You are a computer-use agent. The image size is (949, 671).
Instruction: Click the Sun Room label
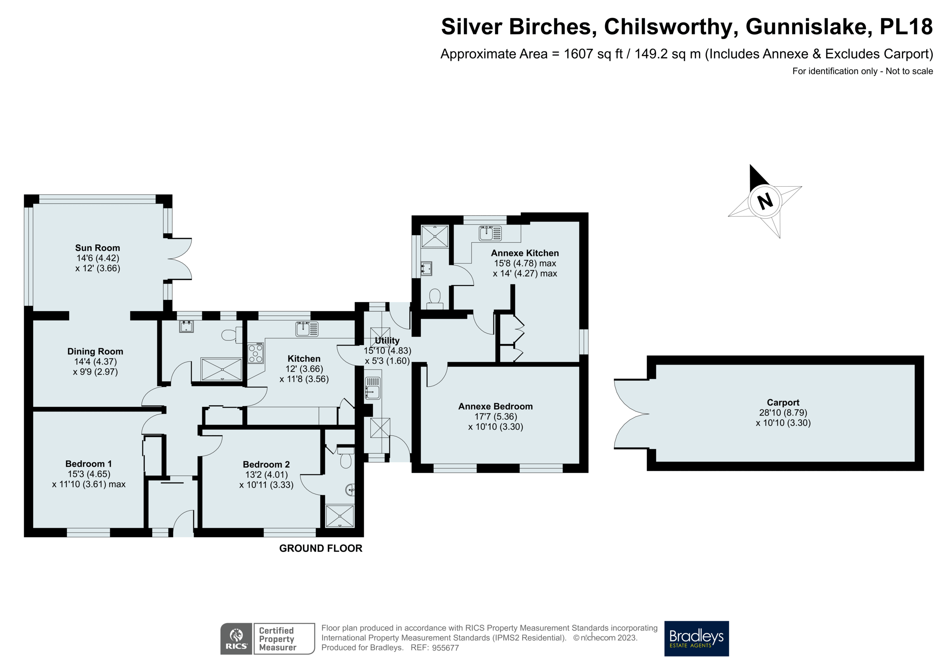(x=98, y=248)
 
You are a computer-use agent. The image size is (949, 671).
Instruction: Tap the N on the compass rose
(x=765, y=201)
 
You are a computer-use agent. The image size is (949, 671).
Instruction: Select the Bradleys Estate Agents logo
(x=696, y=638)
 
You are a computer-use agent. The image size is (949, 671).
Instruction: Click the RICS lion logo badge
(x=236, y=638)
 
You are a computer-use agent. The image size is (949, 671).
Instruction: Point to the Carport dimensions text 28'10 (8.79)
(x=783, y=413)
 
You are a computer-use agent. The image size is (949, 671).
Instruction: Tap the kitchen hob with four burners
(x=255, y=353)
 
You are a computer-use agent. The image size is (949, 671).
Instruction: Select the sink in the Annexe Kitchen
(x=490, y=233)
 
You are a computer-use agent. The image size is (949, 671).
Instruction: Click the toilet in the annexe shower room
(x=435, y=299)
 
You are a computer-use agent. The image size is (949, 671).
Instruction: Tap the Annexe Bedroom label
(x=495, y=406)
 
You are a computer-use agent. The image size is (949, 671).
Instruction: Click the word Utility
(x=387, y=341)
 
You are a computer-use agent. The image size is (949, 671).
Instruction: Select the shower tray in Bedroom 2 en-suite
(x=340, y=516)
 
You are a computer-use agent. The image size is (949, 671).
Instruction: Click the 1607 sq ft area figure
(x=593, y=54)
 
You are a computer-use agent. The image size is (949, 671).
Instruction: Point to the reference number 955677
(x=445, y=648)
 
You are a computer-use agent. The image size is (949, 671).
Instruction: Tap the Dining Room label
(x=95, y=352)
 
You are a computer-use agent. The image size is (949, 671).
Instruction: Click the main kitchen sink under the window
(x=307, y=329)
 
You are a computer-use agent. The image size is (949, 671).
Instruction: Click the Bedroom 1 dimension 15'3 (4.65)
(x=89, y=474)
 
